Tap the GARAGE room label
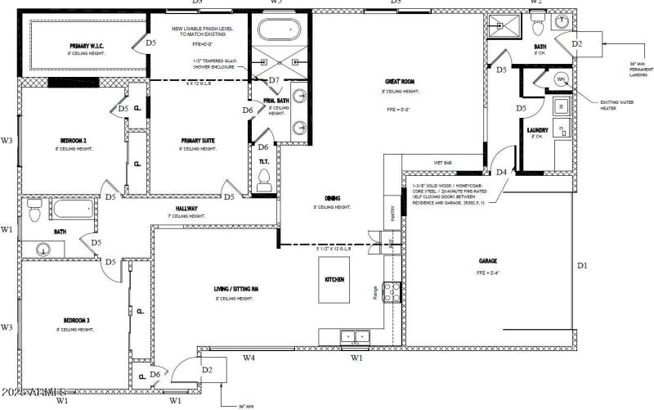[488, 261]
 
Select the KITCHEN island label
[334, 279]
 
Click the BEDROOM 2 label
[74, 140]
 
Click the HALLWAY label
[187, 208]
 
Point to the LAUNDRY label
[537, 130]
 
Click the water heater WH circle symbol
[562, 79]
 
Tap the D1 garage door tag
[582, 265]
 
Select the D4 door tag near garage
[501, 172]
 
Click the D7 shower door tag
[274, 80]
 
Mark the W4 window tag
[249, 358]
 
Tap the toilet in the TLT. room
[264, 185]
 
